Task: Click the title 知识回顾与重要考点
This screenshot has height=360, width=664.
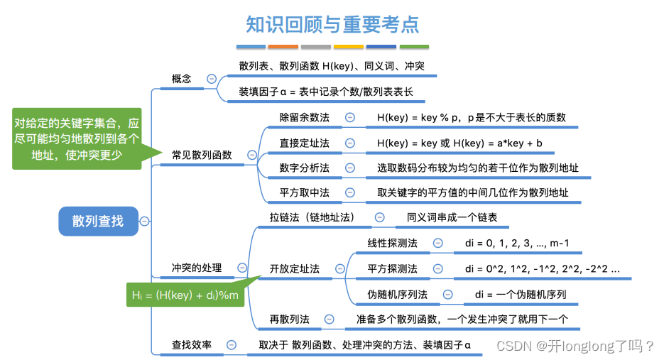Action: tap(332, 25)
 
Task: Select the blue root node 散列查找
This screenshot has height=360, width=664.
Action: tap(97, 221)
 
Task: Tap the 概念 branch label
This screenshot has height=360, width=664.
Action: tap(182, 79)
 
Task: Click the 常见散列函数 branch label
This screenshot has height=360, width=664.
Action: tap(202, 154)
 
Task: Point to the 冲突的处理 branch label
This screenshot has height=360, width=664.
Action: tap(197, 268)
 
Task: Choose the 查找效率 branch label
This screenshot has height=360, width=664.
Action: tap(192, 344)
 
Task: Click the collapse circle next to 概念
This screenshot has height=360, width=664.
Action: tap(212, 79)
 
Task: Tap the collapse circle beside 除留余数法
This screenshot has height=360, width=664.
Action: tap(350, 117)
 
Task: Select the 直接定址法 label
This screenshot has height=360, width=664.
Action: tap(304, 143)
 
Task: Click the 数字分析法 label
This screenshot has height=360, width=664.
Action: tap(304, 168)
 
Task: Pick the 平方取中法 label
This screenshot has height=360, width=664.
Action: tap(304, 192)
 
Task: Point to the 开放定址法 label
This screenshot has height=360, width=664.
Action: tap(294, 268)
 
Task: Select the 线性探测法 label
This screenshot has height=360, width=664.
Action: tap(392, 244)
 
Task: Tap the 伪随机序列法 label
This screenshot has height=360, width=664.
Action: tap(398, 294)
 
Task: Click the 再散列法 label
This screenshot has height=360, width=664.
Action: tap(289, 320)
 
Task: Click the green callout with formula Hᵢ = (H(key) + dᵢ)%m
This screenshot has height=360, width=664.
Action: tap(185, 294)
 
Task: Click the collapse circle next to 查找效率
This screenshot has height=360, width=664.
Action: tap(232, 344)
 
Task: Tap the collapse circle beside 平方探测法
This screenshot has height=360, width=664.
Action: tap(438, 268)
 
